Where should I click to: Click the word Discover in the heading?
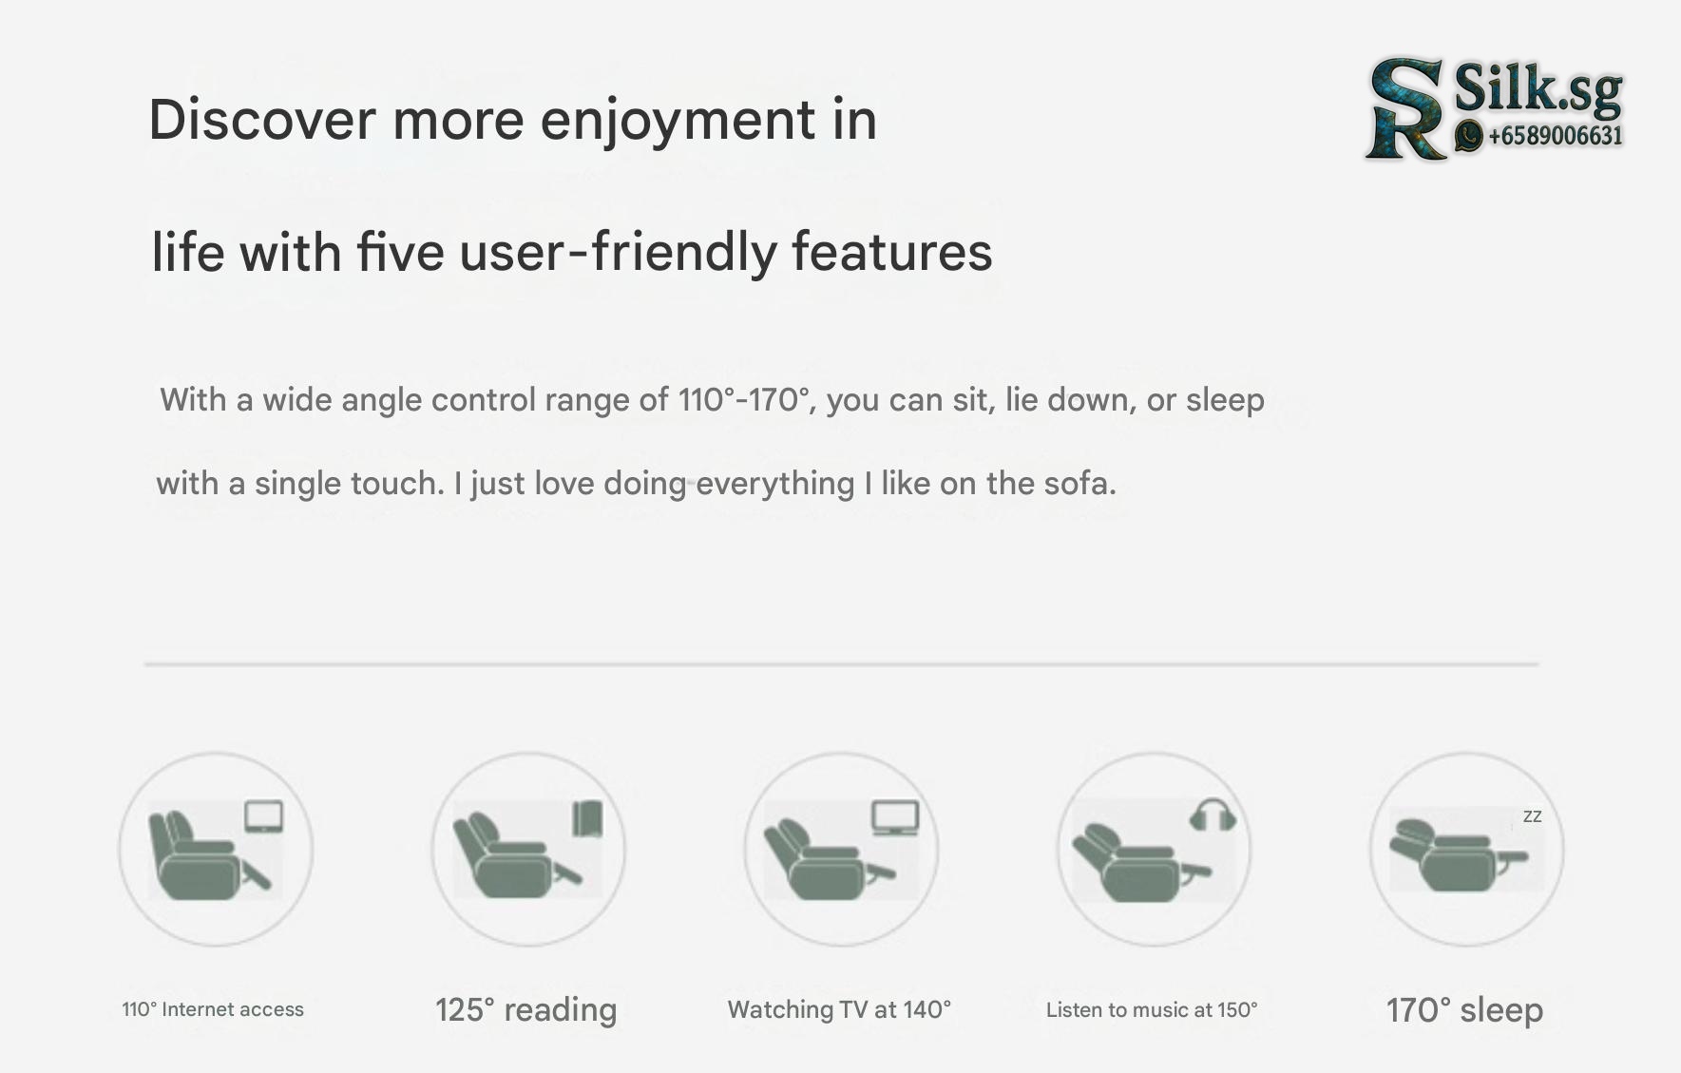(262, 120)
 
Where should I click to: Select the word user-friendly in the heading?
(619, 253)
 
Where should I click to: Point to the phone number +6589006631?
(1556, 136)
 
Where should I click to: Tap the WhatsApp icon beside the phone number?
(1469, 136)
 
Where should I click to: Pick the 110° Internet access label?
(213, 1009)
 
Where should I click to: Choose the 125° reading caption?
(525, 1009)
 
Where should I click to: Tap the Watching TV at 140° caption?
(839, 1009)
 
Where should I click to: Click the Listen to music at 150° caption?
(1152, 1009)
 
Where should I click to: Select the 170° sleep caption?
(1464, 1009)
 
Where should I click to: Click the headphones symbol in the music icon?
(1213, 815)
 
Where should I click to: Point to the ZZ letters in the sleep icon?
(1532, 816)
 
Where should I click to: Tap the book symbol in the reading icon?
(588, 817)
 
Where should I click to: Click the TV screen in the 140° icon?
(896, 817)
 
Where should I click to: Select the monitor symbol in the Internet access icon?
(263, 816)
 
